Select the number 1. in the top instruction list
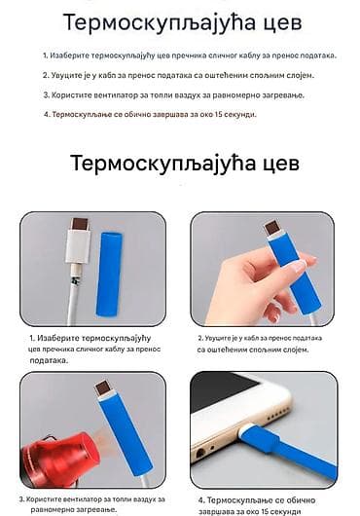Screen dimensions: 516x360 (47, 55)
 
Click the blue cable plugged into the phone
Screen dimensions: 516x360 (292, 458)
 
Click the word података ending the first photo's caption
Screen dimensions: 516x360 (50, 359)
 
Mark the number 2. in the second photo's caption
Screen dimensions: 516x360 (200, 338)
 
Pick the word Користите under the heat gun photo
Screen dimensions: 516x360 (48, 498)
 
